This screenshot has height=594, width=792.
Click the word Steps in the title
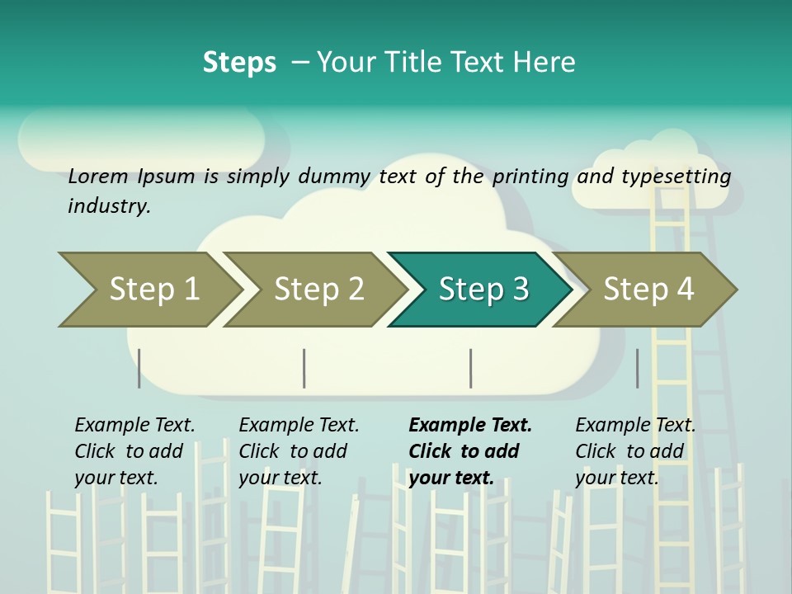pos(239,63)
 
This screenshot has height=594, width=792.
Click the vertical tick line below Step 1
pos(139,368)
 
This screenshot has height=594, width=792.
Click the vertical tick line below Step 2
pos(304,368)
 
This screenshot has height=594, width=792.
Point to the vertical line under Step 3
pos(471,368)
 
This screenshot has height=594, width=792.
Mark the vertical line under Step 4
pos(638,368)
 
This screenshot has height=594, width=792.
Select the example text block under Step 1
pos(134,450)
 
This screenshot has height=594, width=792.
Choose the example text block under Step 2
pos(299,450)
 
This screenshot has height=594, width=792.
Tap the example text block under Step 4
pos(635,450)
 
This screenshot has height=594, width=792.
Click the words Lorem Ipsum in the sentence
pos(131,176)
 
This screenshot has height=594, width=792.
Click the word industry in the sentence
pos(108,205)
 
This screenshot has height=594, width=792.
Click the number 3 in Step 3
pos(520,289)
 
